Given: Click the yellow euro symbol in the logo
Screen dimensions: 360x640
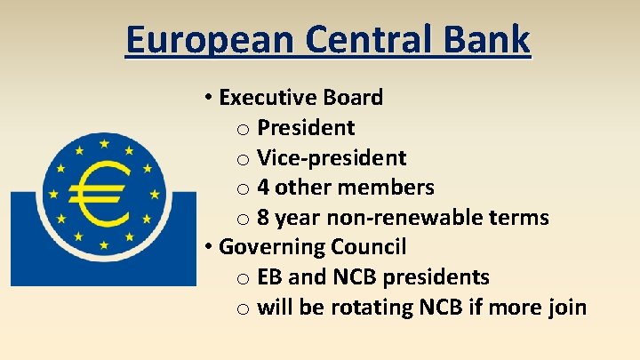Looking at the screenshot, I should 104,195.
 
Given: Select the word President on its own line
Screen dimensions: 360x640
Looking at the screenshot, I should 306,128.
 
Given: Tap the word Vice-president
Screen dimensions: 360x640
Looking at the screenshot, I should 332,158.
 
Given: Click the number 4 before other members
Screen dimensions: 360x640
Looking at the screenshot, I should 263,188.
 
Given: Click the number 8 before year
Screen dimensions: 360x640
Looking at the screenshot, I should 263,218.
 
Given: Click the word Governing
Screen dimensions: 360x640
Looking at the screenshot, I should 269,247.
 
